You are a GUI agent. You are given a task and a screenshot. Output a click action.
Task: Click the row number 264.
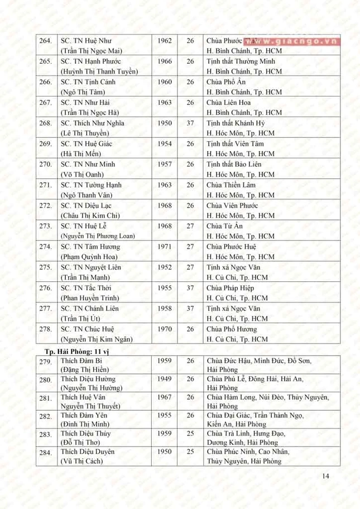(x=45, y=41)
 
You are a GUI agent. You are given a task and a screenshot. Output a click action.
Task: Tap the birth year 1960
(x=165, y=82)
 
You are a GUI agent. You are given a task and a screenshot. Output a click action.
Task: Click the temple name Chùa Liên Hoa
(x=229, y=103)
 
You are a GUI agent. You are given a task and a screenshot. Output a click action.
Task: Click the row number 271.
(x=45, y=185)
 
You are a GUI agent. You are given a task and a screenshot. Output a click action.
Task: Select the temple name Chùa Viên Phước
(x=233, y=206)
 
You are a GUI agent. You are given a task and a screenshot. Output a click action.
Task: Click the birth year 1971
(x=165, y=247)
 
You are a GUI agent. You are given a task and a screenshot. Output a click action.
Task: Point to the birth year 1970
(x=165, y=329)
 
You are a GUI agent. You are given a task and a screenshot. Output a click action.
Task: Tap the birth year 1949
(x=165, y=379)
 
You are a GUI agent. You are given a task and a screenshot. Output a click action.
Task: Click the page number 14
(x=327, y=476)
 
